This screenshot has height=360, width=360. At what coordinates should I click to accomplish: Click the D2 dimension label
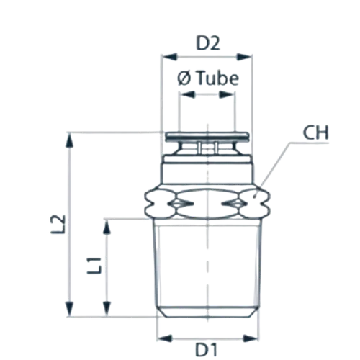coord(208,43)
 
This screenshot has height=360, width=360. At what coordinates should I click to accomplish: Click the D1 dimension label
coord(207,350)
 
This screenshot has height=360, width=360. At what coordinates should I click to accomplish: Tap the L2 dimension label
coord(58,224)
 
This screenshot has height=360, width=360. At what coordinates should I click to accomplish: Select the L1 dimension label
coord(94,266)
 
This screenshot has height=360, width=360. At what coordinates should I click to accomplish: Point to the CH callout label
coord(315,132)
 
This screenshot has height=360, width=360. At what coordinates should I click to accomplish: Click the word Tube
coord(218,78)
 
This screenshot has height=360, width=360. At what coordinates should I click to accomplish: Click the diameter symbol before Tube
coord(184,79)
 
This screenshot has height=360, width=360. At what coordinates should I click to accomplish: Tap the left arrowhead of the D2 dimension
coord(169,57)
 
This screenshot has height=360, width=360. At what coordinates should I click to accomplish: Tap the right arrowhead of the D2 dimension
coord(244,57)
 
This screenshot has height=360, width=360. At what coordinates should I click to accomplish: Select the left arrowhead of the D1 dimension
coord(165,338)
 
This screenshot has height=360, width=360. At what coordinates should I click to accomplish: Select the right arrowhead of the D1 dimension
coord(251,338)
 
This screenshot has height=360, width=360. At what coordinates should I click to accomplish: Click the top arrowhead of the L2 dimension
coord(70,140)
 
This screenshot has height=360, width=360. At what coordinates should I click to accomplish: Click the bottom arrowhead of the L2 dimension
coord(70,309)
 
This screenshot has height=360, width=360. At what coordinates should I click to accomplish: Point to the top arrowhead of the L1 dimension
coord(107,226)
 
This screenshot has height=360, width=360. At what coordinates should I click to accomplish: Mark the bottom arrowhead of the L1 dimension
coord(107,309)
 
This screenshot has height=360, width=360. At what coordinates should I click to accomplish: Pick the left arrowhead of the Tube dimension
coord(187,94)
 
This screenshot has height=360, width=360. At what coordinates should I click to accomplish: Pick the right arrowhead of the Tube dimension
coord(227,94)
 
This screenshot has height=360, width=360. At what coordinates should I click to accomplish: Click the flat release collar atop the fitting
coord(207,137)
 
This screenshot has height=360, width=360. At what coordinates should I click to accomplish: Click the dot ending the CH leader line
coord(255,197)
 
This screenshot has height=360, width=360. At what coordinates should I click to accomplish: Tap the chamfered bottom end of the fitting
coord(207,312)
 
